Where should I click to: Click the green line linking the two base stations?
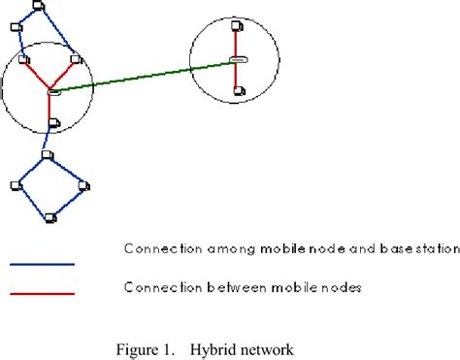[x=146, y=76]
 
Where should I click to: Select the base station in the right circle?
[x=238, y=60]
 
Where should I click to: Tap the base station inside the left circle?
[x=54, y=92]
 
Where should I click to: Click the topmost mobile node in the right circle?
[x=236, y=30]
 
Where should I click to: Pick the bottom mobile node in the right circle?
[x=238, y=93]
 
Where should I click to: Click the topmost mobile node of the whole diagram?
[x=38, y=6]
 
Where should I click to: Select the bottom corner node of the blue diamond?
[x=49, y=214]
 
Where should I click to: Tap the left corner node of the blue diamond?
[x=16, y=184]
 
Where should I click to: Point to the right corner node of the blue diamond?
[x=83, y=184]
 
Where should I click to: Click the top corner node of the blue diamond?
[x=48, y=155]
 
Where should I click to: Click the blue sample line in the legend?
[x=42, y=263]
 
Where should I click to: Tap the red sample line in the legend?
[x=42, y=293]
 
